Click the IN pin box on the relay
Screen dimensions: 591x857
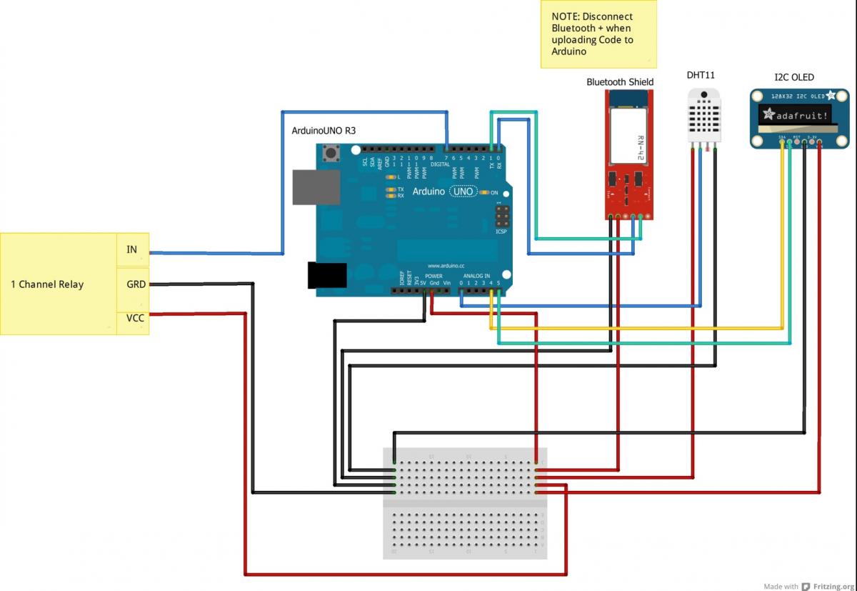tap(132, 249)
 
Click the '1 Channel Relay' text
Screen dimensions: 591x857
tap(47, 284)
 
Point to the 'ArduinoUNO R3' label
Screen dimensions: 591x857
tap(324, 131)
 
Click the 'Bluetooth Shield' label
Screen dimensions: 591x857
tap(620, 82)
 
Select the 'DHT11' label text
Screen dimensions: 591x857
tap(701, 75)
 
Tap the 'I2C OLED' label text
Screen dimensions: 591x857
tap(794, 77)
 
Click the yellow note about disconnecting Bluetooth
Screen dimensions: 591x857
tap(598, 34)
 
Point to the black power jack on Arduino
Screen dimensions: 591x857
tap(326, 275)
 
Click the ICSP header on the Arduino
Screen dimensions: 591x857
tap(501, 215)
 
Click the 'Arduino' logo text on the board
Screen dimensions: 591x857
tap(428, 192)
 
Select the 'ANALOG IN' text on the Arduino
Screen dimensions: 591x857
tap(477, 277)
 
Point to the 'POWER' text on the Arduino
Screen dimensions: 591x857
tap(433, 277)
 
